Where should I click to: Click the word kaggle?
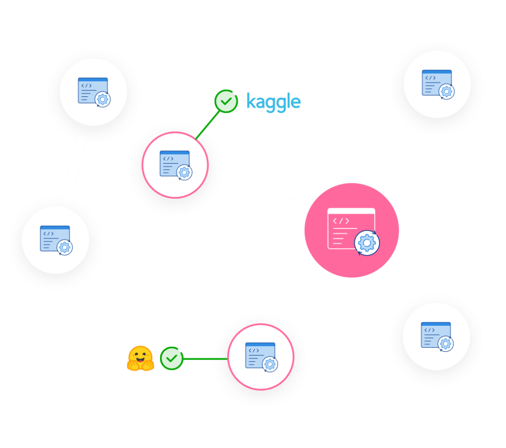pos(273,102)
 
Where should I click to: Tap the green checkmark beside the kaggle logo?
pos(226,101)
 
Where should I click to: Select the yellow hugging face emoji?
pos(141,358)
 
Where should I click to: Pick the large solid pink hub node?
pos(351,230)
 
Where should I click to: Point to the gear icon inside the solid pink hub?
pos(367,243)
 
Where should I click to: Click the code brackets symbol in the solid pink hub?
pos(340,221)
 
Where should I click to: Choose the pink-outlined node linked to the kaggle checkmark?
pos(175,165)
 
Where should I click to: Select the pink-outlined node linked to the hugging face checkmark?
pos(260,357)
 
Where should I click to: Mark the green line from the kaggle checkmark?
pos(207,124)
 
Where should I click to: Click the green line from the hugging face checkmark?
pos(205,358)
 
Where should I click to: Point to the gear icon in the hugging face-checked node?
pos(270,364)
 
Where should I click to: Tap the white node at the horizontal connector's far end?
pos(55,240)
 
